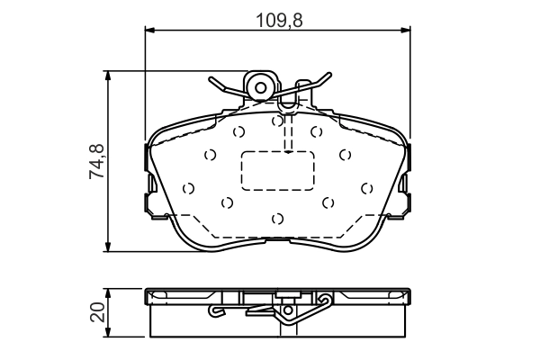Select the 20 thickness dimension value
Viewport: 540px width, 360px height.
click(98, 312)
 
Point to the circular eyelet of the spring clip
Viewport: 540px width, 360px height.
click(262, 87)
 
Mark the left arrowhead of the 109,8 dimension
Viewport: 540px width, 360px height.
click(150, 31)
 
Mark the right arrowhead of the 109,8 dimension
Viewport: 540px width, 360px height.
click(409, 31)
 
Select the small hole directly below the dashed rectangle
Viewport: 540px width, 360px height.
click(278, 218)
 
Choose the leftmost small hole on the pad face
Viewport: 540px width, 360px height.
click(188, 188)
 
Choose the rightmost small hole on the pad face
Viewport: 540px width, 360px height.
click(366, 188)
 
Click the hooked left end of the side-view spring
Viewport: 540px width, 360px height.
click(214, 312)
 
